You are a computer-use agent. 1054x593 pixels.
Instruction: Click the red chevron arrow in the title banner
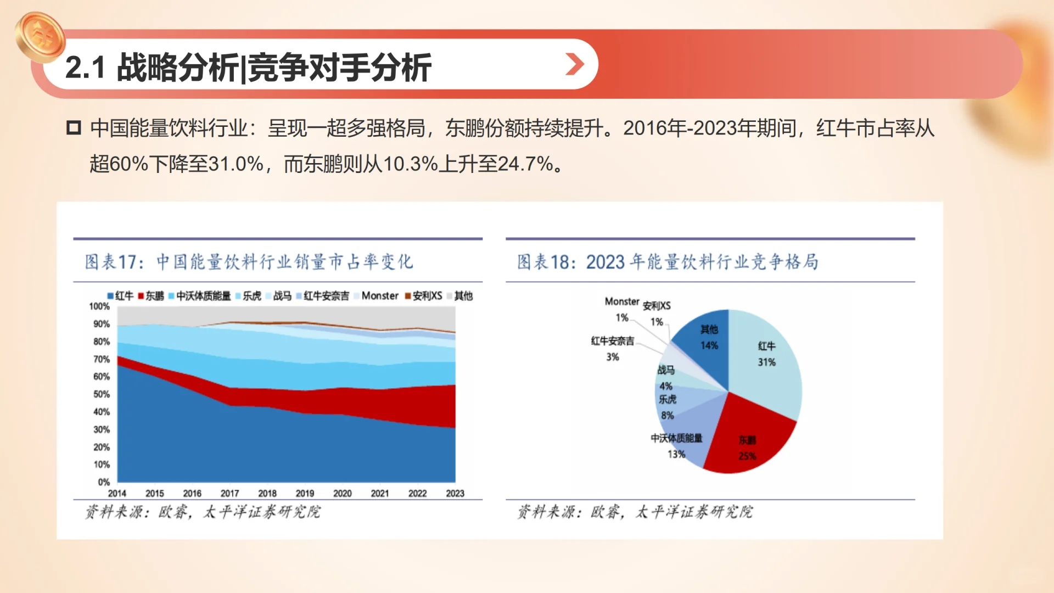[574, 65]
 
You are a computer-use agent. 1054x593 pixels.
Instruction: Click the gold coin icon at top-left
[40, 37]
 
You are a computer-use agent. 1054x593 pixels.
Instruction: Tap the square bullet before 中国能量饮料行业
[74, 128]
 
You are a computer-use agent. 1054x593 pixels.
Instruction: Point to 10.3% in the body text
[410, 164]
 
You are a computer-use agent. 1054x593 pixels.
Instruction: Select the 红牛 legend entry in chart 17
[120, 296]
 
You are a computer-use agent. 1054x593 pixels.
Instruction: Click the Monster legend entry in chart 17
[379, 296]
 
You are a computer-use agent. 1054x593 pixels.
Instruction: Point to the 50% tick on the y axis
[102, 394]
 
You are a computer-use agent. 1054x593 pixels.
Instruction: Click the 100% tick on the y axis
[100, 306]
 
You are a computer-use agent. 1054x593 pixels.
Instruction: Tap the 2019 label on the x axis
[305, 493]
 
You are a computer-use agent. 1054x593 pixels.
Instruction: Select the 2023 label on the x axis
[455, 493]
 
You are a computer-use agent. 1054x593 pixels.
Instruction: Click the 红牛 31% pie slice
[766, 362]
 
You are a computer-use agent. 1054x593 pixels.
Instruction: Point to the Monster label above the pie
[621, 301]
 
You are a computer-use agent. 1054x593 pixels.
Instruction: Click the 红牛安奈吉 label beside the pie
[612, 341]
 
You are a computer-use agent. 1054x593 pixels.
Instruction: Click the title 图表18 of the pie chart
[667, 262]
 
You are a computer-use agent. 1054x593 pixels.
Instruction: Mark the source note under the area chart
[203, 512]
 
